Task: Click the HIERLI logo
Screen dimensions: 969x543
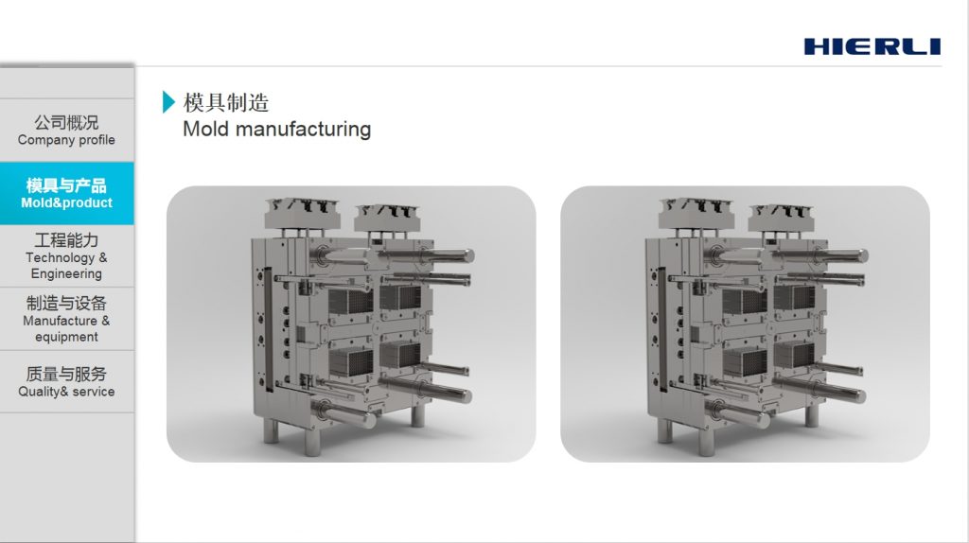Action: pos(872,46)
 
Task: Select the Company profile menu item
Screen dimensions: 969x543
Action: pos(67,131)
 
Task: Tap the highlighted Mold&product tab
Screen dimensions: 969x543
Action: pos(67,193)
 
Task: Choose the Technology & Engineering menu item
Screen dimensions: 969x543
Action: pos(67,255)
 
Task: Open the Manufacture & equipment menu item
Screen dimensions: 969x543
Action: pos(67,319)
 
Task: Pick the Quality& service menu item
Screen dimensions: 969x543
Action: pos(67,382)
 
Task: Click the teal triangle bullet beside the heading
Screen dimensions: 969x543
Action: pos(168,102)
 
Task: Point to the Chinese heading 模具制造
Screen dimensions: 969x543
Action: pos(226,102)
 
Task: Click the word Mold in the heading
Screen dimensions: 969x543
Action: pos(205,129)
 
